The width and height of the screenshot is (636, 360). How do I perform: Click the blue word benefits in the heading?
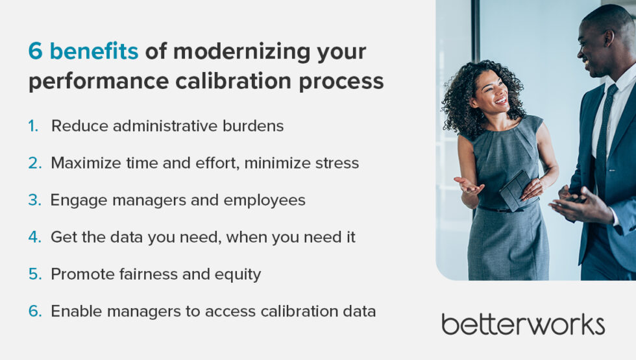[x=94, y=51]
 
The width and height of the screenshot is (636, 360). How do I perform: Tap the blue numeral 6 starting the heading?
[x=36, y=51]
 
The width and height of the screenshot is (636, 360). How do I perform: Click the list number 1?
[x=33, y=126]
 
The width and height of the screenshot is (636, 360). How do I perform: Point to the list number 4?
[x=34, y=237]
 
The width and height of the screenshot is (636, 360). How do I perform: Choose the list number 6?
[x=34, y=311]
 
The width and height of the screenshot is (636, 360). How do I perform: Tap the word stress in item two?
[x=337, y=163]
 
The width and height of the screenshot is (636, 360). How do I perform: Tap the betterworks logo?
[x=522, y=324]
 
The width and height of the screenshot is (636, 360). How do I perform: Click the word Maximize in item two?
[x=82, y=163]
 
